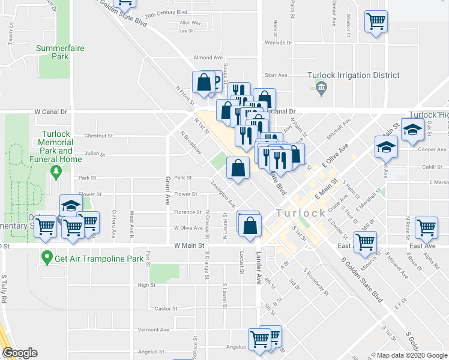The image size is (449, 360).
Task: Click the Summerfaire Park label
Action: pos(60,52)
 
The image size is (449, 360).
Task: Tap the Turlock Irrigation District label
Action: pos(353,76)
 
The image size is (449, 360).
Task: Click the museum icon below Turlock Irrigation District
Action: pos(321,89)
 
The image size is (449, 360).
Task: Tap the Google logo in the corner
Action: pos(20,353)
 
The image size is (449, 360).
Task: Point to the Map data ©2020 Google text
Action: pos(412,355)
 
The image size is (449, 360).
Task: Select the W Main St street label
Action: pos(190,245)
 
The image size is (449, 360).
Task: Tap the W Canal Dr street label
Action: pos(52,112)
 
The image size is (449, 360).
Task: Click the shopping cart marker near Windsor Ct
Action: pos(376,22)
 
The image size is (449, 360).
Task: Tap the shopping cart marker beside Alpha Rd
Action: pos(426,227)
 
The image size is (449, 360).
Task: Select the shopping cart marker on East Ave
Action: pos(365,242)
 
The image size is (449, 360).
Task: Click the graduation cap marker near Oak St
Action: pos(412,130)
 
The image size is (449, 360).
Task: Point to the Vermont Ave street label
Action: pos(149,329)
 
